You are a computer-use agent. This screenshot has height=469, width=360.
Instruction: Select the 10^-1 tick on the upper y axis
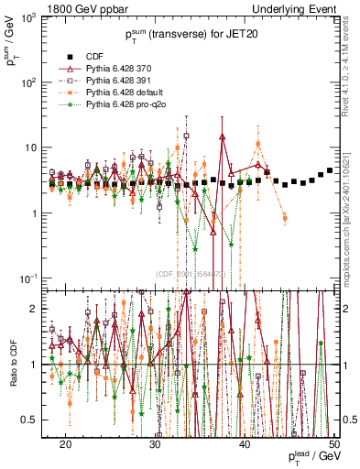(x=32, y=278)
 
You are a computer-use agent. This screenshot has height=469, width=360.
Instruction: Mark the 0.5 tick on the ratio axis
(x=35, y=420)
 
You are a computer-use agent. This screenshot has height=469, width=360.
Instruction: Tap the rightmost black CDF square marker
(x=330, y=170)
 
